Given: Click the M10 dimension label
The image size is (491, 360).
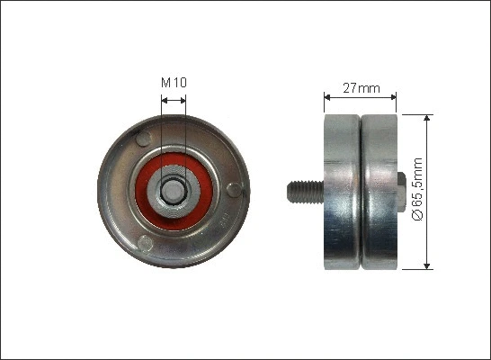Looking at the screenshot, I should [174, 83].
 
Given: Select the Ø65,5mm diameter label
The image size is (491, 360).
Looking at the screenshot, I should [415, 192].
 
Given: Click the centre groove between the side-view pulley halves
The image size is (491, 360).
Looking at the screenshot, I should [360, 190].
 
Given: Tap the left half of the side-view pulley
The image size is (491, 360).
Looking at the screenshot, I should [342, 190].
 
